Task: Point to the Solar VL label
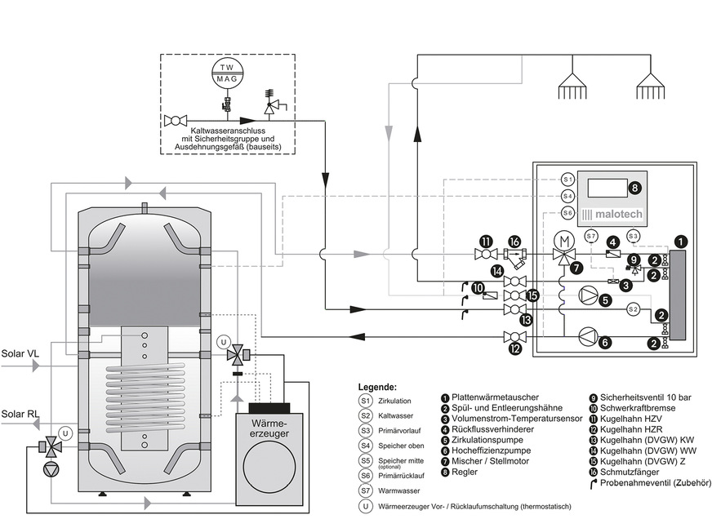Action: pos(19,353)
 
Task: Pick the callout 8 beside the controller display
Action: pos(634,189)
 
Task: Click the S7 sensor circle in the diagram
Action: pos(590,237)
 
